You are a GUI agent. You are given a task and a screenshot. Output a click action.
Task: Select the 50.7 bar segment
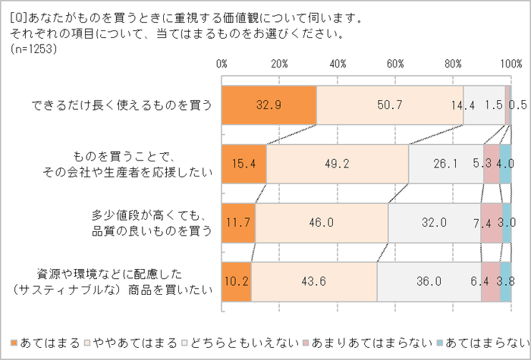pos(389,105)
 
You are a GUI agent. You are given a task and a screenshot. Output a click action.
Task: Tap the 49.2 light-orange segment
pos(338,163)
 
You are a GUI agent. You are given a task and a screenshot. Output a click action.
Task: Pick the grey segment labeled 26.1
pos(446,163)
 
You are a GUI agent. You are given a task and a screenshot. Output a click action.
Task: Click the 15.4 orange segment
pos(244,163)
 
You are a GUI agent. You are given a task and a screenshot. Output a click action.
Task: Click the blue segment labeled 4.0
pos(505,163)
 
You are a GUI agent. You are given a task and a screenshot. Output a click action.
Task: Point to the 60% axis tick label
pos(395,63)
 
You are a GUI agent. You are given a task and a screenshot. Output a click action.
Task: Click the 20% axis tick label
pos(279,63)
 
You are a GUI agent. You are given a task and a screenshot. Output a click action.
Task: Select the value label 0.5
pos(519,106)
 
